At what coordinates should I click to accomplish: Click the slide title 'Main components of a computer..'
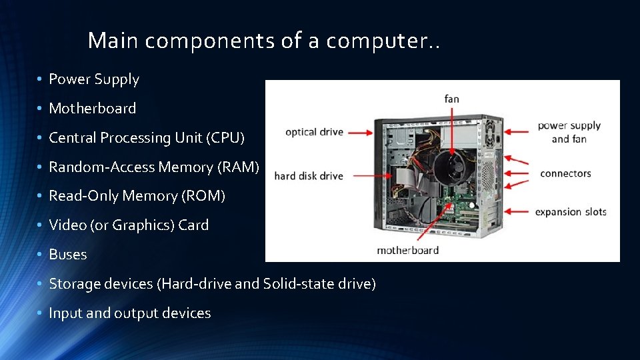tap(264, 41)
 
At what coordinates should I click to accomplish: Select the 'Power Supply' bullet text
tap(94, 79)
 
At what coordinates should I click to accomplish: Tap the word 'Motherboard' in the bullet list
tap(93, 109)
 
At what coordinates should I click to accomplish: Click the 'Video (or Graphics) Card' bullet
tap(129, 225)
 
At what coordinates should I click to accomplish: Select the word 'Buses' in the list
tap(68, 255)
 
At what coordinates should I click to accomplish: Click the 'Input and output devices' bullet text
tap(130, 313)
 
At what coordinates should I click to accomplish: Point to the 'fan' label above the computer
tap(451, 99)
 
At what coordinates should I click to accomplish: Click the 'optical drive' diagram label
tap(314, 132)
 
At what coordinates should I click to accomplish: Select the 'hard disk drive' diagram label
tap(309, 176)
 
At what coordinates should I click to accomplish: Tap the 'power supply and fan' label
tap(569, 132)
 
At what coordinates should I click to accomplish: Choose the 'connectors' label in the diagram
tap(565, 174)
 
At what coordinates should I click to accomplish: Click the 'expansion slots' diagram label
tap(571, 212)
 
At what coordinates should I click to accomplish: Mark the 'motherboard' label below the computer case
tap(407, 251)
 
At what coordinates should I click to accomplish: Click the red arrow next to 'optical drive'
tap(360, 133)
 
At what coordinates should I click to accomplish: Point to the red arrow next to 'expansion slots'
tap(517, 211)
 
